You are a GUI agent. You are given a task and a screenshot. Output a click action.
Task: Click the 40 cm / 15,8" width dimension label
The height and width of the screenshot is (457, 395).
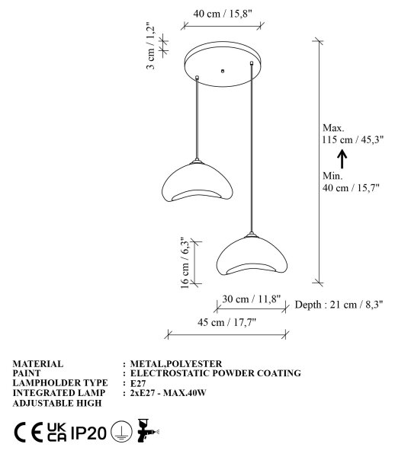223,14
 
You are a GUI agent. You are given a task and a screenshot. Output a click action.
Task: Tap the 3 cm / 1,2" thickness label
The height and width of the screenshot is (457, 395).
150,46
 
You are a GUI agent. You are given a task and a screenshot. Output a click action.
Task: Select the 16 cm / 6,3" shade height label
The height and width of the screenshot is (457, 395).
185,263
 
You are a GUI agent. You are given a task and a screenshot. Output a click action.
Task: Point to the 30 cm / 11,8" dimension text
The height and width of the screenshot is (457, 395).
252,299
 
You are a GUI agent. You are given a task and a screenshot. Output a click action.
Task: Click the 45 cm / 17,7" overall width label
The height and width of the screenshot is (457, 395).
226,322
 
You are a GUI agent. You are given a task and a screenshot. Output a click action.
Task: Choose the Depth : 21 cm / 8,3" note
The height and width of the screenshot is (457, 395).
339,305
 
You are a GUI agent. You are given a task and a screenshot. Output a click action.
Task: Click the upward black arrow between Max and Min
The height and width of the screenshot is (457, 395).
342,159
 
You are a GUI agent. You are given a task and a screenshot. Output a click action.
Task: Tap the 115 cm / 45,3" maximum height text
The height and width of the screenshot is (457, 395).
353,139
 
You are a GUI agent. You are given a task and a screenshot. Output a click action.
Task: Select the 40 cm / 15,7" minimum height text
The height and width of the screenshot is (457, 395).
351,187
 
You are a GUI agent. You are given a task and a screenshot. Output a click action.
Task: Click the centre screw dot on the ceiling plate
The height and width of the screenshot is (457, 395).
223,71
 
